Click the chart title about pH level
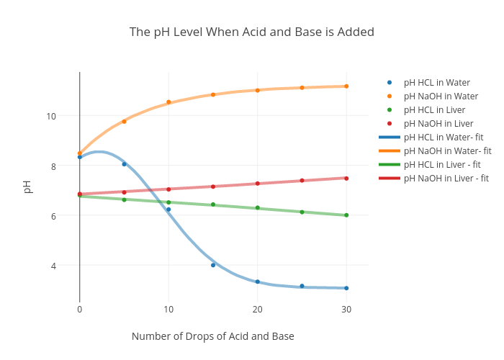click(251, 32)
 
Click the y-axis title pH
click(27, 186)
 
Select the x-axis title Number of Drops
click(212, 336)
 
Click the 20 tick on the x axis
click(257, 309)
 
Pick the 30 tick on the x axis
click(346, 309)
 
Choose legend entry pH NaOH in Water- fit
click(447, 151)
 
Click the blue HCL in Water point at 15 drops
click(213, 265)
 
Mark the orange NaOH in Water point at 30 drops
click(346, 86)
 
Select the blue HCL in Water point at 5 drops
click(124, 164)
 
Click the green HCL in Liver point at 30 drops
click(346, 215)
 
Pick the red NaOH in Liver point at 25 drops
click(302, 181)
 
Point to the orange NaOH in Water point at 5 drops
click(124, 122)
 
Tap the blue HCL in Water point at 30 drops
click(346, 288)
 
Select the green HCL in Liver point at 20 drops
click(257, 208)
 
